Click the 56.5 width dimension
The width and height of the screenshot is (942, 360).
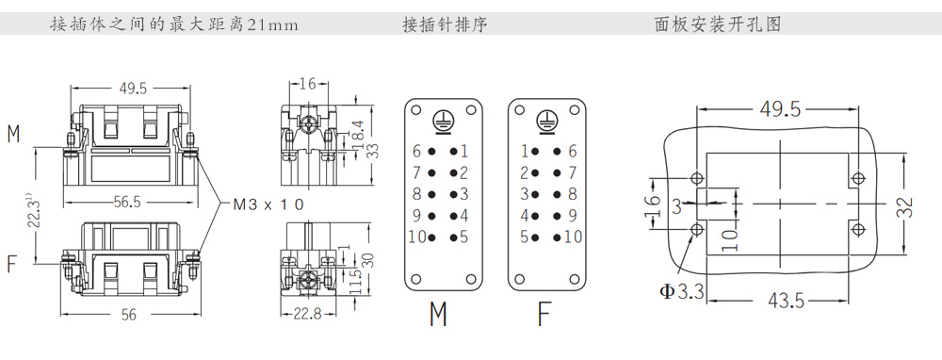(x=127, y=202)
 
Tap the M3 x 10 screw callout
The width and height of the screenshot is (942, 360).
(x=268, y=205)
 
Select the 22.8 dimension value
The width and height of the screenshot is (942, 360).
(x=307, y=313)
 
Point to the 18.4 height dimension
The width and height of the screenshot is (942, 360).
(x=359, y=135)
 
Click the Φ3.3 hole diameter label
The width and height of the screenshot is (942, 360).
(x=681, y=292)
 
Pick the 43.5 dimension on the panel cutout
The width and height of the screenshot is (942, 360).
(x=786, y=300)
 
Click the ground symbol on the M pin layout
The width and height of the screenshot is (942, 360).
(x=443, y=121)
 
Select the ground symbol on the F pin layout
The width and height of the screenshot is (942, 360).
(x=546, y=121)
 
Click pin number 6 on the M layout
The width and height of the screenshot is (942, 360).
(x=416, y=152)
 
